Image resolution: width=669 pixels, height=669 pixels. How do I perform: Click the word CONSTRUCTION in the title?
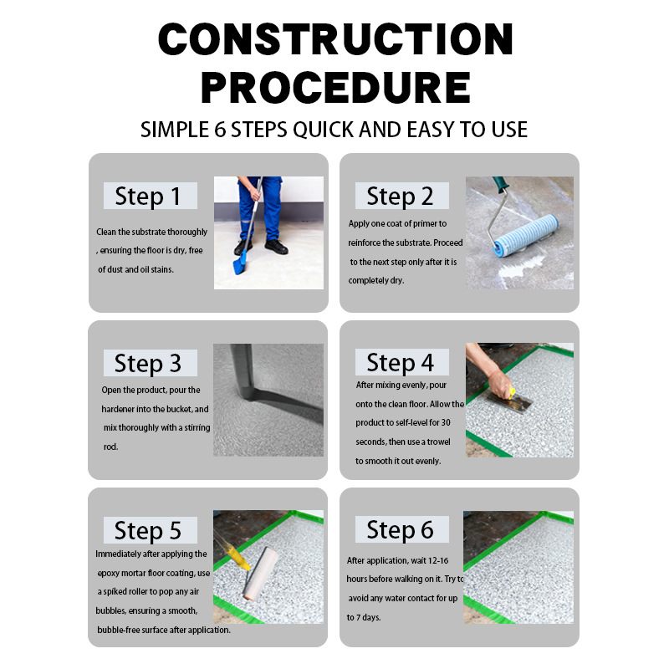pyautogui.click(x=335, y=39)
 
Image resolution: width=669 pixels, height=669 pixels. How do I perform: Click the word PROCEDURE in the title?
pyautogui.click(x=336, y=88)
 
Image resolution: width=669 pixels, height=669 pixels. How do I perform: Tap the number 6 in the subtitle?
pyautogui.click(x=220, y=130)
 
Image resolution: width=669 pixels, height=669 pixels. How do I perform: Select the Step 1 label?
pyautogui.click(x=151, y=196)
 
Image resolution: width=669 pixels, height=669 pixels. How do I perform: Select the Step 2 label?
pyautogui.click(x=402, y=196)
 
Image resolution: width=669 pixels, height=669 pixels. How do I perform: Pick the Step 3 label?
pyautogui.click(x=151, y=363)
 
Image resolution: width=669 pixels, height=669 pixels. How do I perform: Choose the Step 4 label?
pyautogui.click(x=402, y=362)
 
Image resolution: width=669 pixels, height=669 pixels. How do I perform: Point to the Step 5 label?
pyautogui.click(x=151, y=530)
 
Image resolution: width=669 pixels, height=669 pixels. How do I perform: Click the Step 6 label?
pyautogui.click(x=402, y=529)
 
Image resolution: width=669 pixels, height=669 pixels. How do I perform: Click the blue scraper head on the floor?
pyautogui.click(x=240, y=263)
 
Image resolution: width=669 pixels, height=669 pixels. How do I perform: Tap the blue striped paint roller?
pyautogui.click(x=526, y=236)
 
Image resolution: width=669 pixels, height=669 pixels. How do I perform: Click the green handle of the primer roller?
pyautogui.click(x=501, y=185)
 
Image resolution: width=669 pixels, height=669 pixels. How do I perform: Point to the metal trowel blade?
pyautogui.click(x=510, y=402)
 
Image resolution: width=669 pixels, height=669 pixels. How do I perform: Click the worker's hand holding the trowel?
pyautogui.click(x=500, y=384)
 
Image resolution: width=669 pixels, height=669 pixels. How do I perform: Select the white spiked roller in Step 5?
pyautogui.click(x=260, y=573)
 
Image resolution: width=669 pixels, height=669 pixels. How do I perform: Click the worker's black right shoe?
pyautogui.click(x=276, y=247)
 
